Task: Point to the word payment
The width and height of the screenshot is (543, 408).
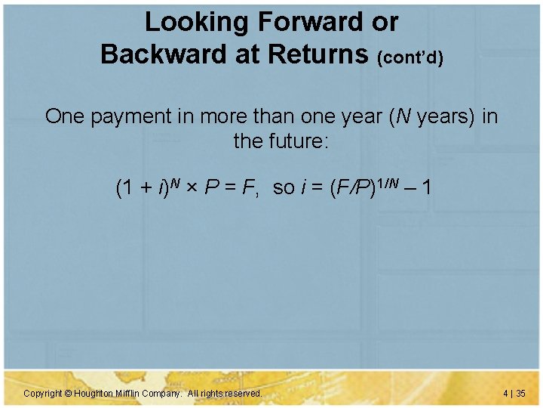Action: (127, 117)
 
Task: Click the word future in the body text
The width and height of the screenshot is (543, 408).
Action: (296, 141)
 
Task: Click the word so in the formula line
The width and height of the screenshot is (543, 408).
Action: (284, 188)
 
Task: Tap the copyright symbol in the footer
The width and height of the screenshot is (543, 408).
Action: (67, 394)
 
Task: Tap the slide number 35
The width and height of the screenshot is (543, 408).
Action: (521, 394)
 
